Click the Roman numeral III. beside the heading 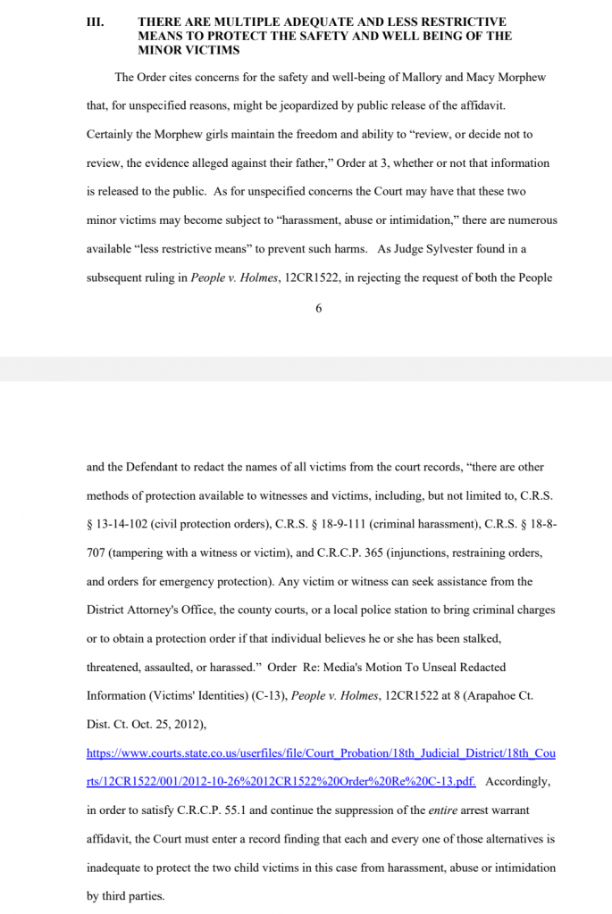[95, 21]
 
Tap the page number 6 [318, 308]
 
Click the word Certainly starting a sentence [114, 134]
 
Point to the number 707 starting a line [96, 553]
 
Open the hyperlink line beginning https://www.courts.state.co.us [321, 753]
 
